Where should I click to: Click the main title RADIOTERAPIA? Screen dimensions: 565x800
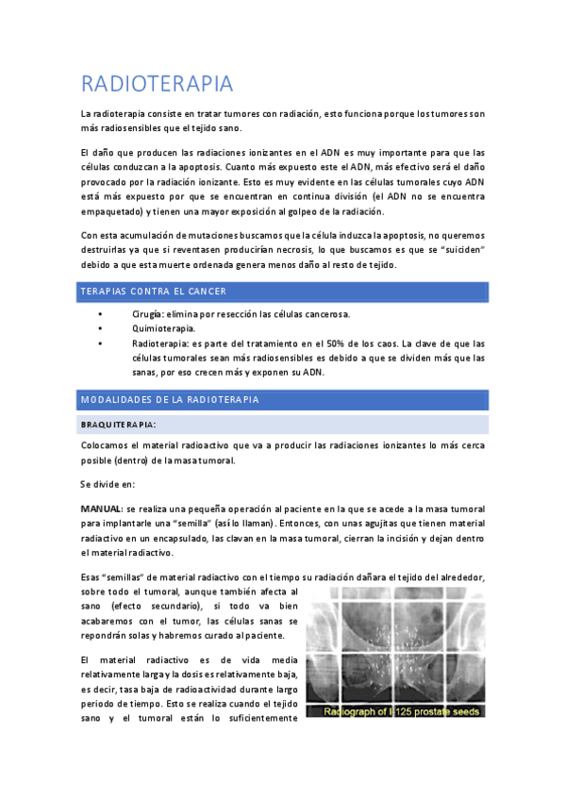157,84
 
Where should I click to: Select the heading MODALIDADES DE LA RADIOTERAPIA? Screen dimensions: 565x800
171,400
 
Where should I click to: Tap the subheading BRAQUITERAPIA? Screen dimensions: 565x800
119,425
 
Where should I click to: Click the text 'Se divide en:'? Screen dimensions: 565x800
108,484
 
